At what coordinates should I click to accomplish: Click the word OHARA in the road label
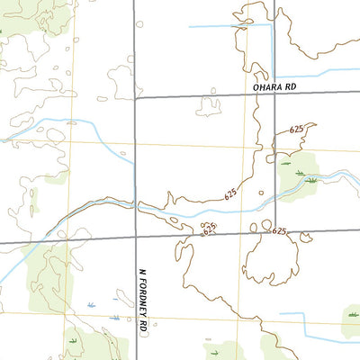coord(261,87)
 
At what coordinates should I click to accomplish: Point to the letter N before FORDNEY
coord(142,271)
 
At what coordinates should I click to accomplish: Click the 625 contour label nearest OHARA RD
coord(297,130)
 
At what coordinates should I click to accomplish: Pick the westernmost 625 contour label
coord(208,230)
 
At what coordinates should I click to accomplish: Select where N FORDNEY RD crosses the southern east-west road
coord(135,237)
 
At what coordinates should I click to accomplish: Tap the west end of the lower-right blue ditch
coord(280,314)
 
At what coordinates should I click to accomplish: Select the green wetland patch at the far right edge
coord(352,314)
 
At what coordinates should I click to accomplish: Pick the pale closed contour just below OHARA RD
coord(210,106)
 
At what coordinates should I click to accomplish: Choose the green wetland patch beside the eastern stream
coord(299,174)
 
